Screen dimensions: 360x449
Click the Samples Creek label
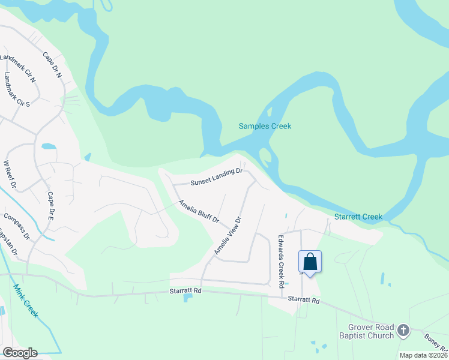click(265, 126)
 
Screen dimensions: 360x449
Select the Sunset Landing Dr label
click(216, 176)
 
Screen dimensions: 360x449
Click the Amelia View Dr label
click(229, 236)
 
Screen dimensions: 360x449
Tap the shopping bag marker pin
click(310, 262)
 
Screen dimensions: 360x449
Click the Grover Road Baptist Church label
click(371, 331)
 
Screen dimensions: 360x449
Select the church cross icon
click(403, 329)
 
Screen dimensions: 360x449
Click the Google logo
click(20, 353)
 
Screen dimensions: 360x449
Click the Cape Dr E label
click(50, 206)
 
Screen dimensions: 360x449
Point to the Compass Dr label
click(16, 226)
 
